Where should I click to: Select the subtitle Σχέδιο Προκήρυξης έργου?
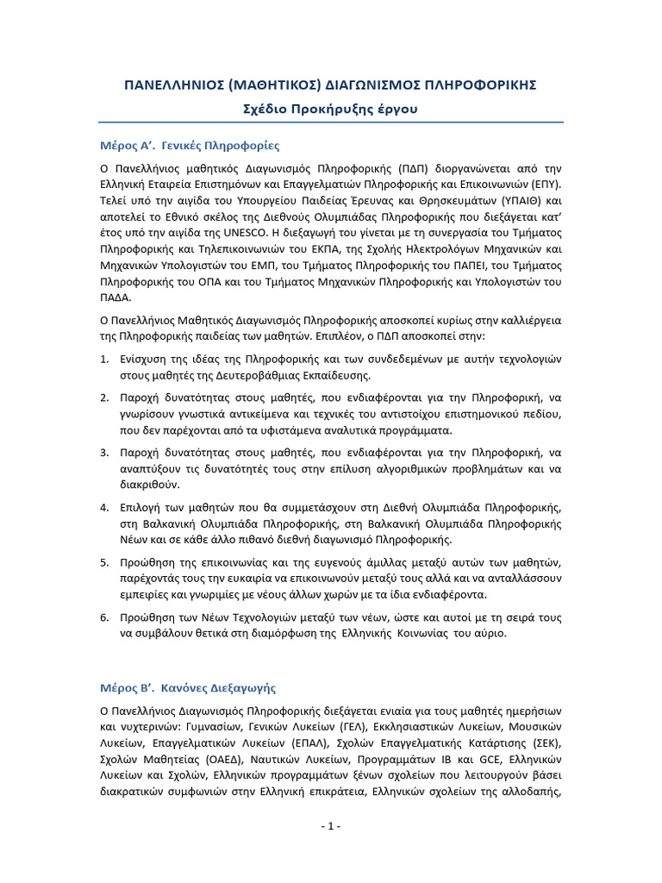331,109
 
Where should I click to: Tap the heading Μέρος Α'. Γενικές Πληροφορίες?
189,146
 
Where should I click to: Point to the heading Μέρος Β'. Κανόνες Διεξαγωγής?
187,688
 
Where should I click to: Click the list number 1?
103,359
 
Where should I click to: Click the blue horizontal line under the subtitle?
331,122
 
